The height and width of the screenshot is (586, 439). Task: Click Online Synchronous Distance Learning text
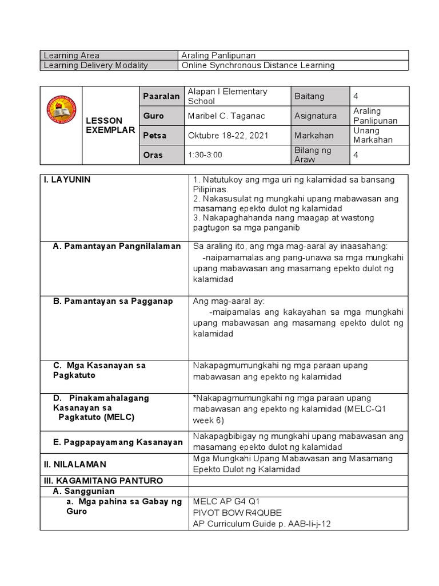click(x=258, y=65)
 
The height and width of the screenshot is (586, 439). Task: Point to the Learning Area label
click(x=71, y=56)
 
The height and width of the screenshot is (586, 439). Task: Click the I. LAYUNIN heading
click(x=67, y=180)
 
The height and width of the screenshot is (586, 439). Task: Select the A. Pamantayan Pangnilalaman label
click(x=117, y=246)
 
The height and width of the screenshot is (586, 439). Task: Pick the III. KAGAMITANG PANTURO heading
click(x=103, y=480)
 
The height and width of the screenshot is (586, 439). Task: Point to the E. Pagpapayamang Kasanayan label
click(x=118, y=442)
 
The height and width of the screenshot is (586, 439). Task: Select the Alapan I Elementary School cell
click(x=227, y=96)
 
